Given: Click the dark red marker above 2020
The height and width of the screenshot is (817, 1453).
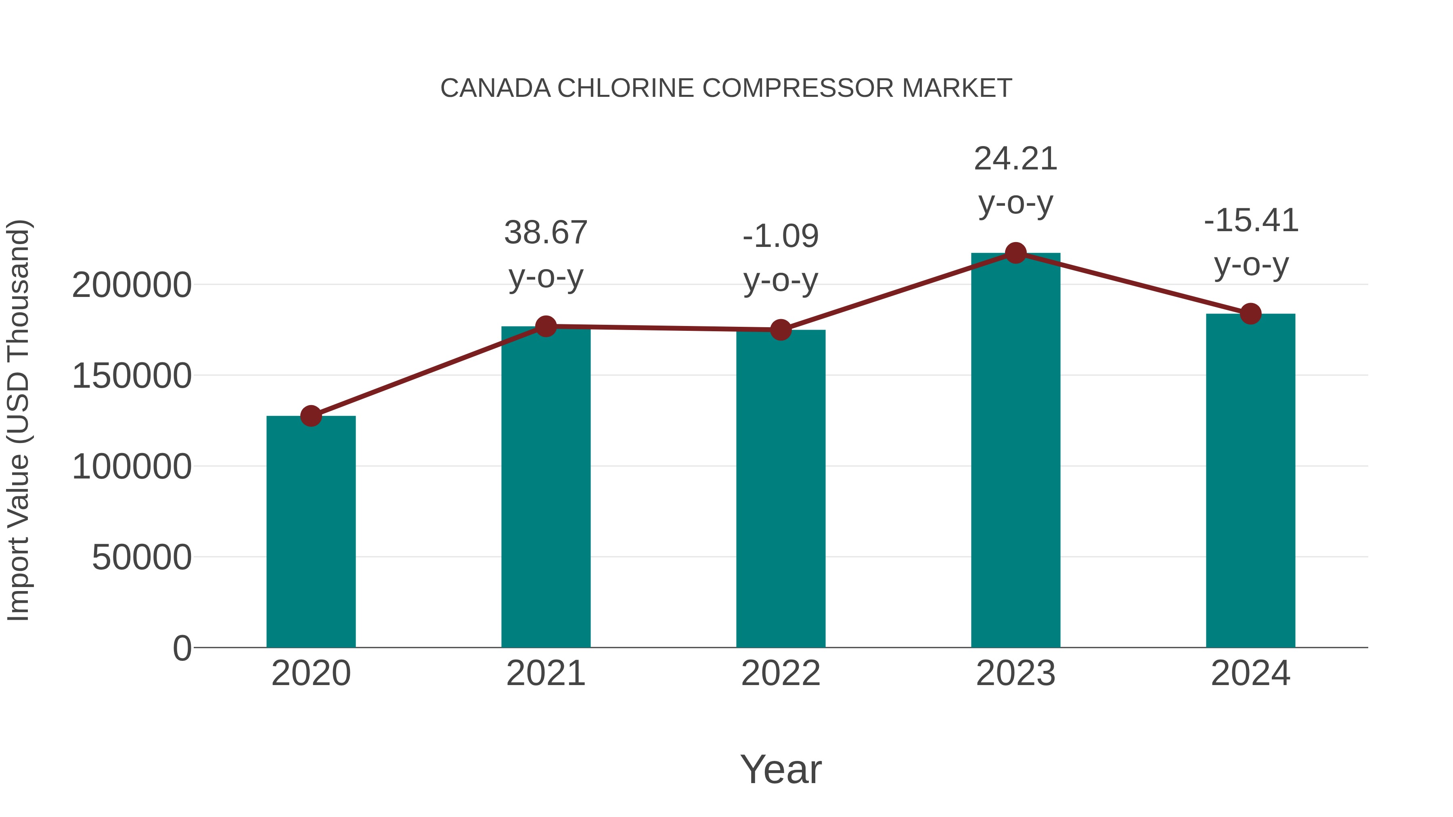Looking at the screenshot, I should point(311,416).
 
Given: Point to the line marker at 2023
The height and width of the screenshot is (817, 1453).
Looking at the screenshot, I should point(1015,253).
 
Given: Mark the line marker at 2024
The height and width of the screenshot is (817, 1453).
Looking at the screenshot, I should point(1250,313).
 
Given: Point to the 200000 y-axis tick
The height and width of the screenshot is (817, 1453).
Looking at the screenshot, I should point(132,285).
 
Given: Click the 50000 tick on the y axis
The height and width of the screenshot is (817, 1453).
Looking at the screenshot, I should point(142,557).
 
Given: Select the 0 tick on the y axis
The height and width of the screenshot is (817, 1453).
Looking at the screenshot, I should point(182,648).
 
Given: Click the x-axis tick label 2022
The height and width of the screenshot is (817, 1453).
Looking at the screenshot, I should point(781,673).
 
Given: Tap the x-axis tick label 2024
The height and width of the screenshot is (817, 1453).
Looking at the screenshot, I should point(1250,673).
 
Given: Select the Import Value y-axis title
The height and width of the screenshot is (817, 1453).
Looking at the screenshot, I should point(18,420).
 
